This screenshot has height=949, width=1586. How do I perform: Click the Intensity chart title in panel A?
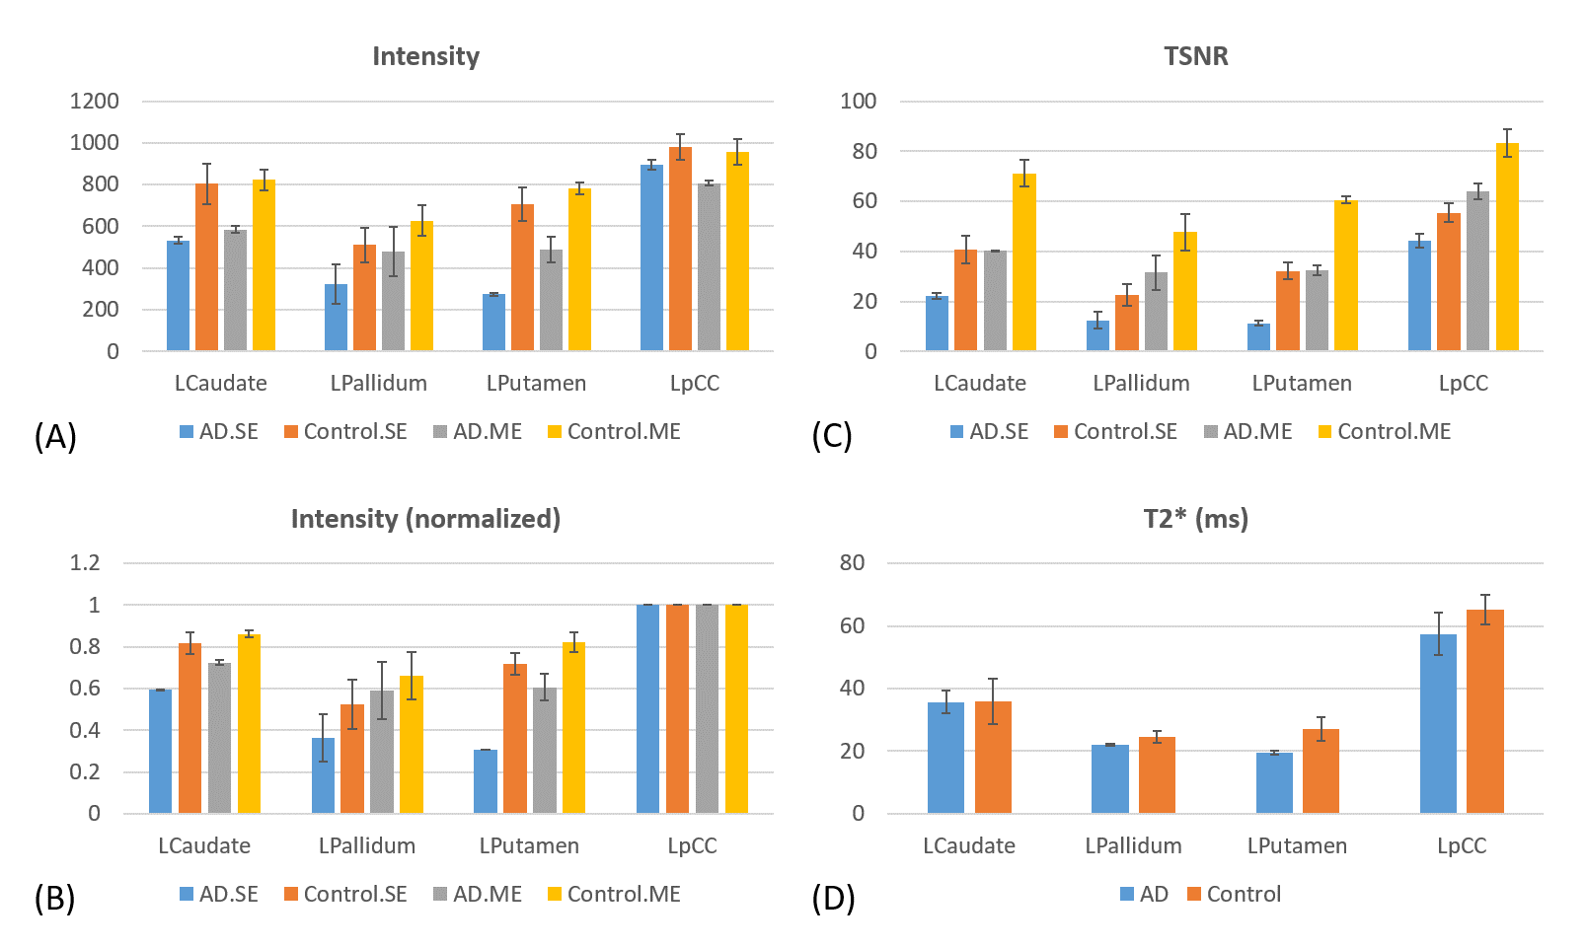(425, 57)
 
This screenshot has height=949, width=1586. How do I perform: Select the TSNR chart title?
(1195, 57)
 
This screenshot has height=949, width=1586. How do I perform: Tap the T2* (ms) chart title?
(1195, 519)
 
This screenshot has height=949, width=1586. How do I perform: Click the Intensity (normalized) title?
(425, 519)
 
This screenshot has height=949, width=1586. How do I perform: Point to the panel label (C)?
(831, 435)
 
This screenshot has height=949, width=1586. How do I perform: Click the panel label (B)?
(54, 898)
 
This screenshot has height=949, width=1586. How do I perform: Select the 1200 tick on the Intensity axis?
(94, 101)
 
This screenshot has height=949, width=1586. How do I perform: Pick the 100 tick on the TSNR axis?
(858, 101)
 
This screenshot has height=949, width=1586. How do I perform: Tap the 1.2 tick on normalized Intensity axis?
(85, 562)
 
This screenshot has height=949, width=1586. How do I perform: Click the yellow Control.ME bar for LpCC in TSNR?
(1507, 247)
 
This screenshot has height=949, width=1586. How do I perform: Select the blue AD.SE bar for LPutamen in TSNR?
(1258, 336)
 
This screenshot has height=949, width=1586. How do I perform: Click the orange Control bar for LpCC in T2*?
(1484, 711)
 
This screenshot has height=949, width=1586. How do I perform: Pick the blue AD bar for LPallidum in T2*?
(1109, 778)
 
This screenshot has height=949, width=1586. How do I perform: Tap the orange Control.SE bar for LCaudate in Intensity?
(206, 266)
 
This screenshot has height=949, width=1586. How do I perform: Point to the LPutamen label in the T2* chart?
(1297, 846)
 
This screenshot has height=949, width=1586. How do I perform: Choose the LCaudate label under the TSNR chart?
(980, 384)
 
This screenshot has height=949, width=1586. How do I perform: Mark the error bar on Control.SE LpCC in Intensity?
(680, 147)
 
